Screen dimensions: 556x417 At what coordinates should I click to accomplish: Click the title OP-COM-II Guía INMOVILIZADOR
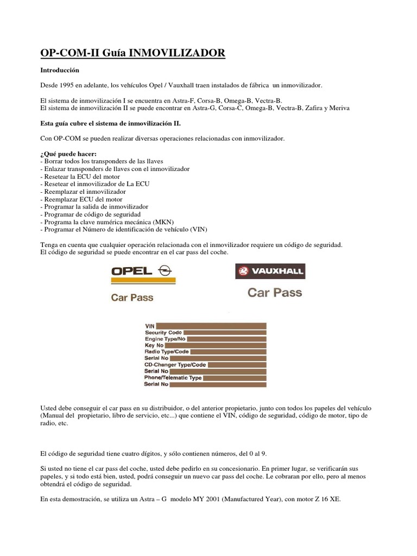132,53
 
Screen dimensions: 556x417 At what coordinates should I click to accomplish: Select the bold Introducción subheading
60,71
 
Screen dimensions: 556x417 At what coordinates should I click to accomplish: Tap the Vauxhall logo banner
270,271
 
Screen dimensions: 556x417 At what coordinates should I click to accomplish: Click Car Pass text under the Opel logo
132,298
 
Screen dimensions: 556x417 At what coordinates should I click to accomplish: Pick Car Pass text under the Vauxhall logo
275,293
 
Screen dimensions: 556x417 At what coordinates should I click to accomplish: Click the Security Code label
163,332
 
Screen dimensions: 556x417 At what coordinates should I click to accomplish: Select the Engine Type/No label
165,339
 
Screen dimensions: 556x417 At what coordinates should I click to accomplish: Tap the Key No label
154,345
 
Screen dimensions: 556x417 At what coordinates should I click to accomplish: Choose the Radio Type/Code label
167,352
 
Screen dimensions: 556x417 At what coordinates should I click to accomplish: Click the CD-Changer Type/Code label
175,365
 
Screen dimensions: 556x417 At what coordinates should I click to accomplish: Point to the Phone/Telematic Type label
173,377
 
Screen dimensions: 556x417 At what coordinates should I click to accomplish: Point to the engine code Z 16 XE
325,496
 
